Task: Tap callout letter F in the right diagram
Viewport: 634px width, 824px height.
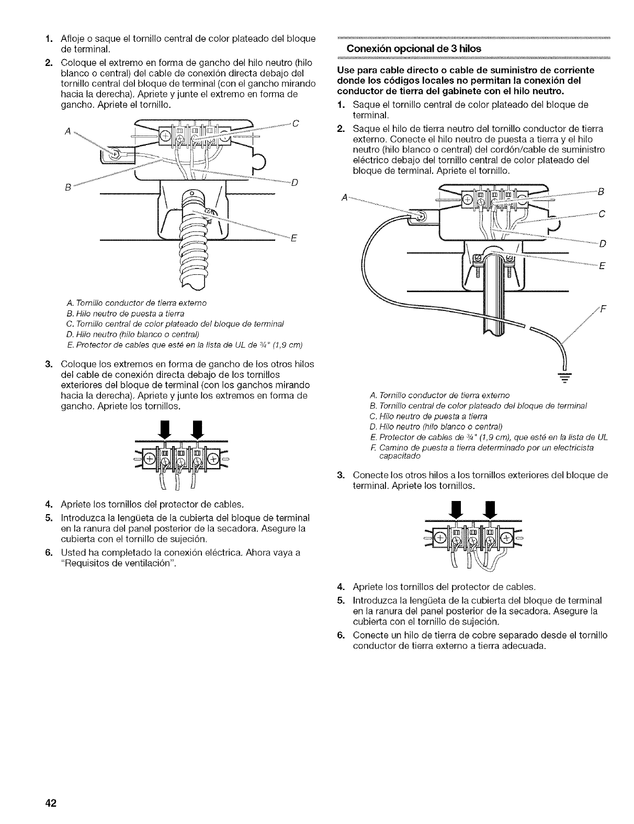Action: point(602,308)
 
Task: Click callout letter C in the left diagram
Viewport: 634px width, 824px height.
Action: point(295,124)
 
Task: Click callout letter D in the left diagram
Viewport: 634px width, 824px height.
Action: point(295,182)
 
